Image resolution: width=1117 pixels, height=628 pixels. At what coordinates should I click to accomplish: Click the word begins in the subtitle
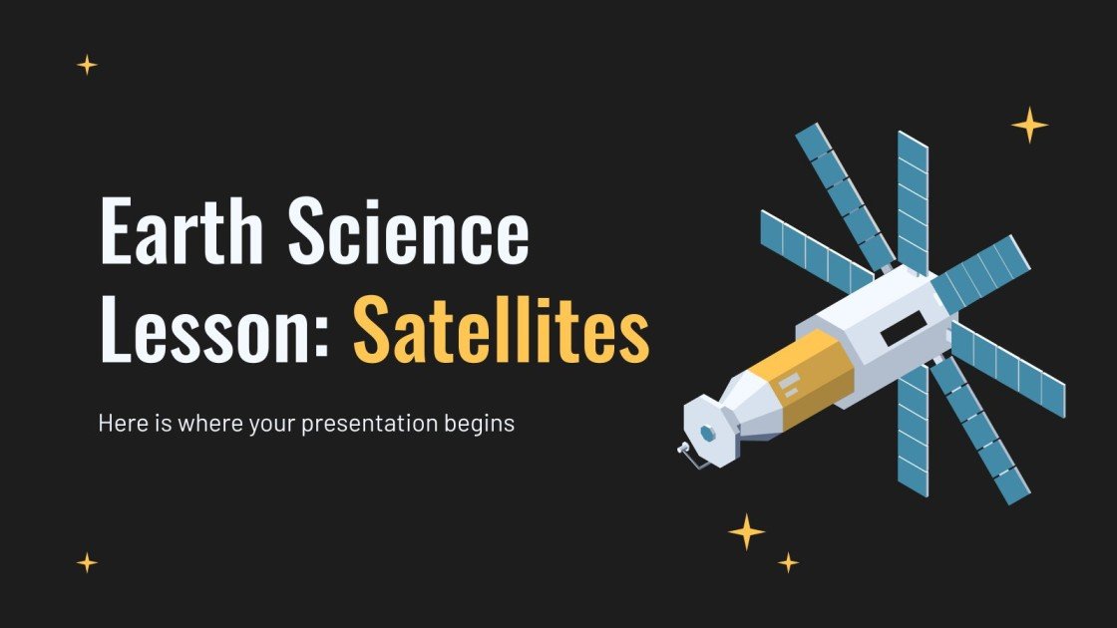click(482, 424)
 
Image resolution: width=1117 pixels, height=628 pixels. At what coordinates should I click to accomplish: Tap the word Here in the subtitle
click(121, 423)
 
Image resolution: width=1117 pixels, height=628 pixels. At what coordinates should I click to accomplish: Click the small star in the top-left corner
click(88, 65)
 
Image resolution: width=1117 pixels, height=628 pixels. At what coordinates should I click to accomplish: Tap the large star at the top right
click(1029, 125)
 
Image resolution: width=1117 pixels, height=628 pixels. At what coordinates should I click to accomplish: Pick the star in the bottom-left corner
click(88, 562)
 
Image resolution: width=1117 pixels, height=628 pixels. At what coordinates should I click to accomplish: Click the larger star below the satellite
click(746, 532)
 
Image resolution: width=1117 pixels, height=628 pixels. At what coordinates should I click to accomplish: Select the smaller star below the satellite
click(789, 562)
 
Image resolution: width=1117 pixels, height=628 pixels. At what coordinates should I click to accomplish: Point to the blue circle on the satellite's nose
click(709, 433)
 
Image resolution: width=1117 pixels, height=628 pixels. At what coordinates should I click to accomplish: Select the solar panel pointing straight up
click(913, 199)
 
